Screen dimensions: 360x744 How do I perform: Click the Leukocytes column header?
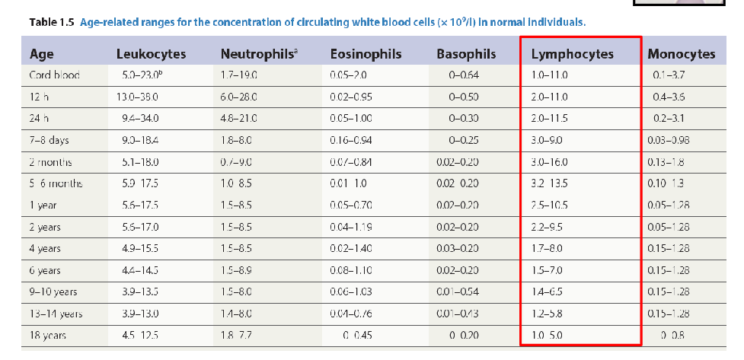click(151, 54)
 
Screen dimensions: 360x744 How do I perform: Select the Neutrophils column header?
click(257, 54)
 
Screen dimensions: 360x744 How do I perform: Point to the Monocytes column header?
click(681, 54)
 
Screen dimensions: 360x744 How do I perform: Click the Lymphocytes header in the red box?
click(572, 54)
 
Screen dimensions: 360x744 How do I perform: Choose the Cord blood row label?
click(54, 75)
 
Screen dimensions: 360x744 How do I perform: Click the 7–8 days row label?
click(49, 140)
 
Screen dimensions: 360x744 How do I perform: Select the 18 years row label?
click(47, 336)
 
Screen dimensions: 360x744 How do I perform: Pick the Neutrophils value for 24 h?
click(238, 119)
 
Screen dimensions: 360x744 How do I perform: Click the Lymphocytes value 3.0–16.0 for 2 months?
click(550, 162)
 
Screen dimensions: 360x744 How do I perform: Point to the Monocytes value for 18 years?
click(668, 336)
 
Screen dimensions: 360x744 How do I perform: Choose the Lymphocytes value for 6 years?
click(546, 271)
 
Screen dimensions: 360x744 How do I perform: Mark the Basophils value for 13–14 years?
click(458, 314)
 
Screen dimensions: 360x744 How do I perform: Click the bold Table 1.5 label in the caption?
click(51, 22)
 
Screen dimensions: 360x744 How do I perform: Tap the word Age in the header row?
click(41, 54)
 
